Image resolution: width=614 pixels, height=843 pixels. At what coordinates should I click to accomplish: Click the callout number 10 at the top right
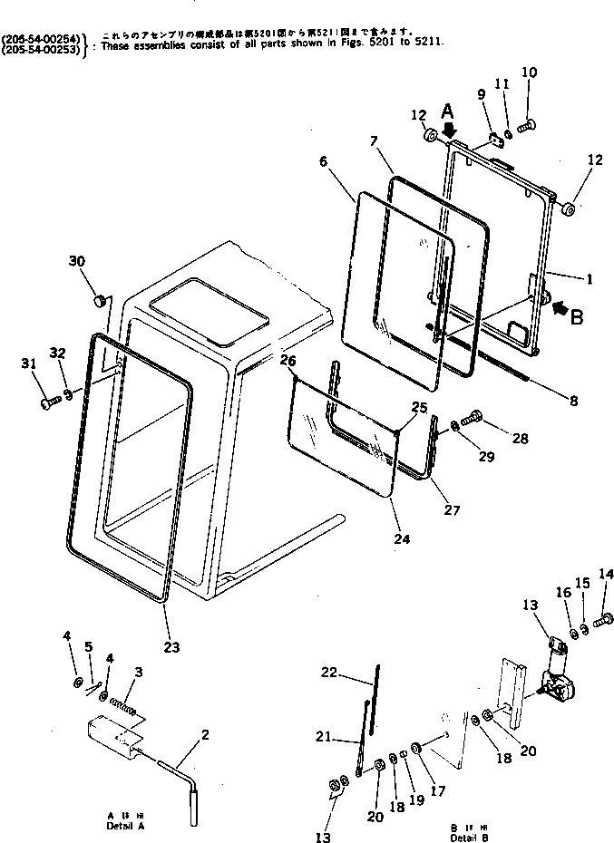(x=530, y=72)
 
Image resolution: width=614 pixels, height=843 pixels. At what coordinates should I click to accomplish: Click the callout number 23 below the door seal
(x=171, y=646)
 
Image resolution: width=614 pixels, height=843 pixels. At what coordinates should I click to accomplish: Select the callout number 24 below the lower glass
(x=402, y=538)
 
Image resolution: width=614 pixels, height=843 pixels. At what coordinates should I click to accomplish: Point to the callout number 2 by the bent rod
(x=205, y=734)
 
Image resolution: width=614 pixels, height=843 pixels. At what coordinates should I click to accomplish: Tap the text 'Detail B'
(x=468, y=837)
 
